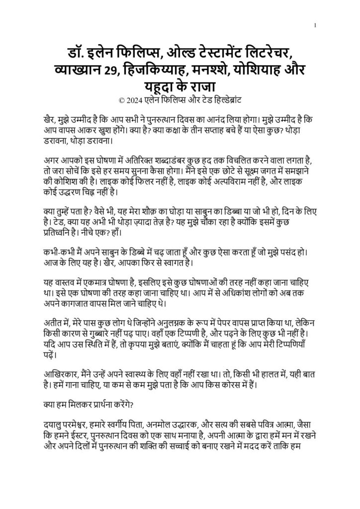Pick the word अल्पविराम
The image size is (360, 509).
pyautogui.click(x=221, y=180)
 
